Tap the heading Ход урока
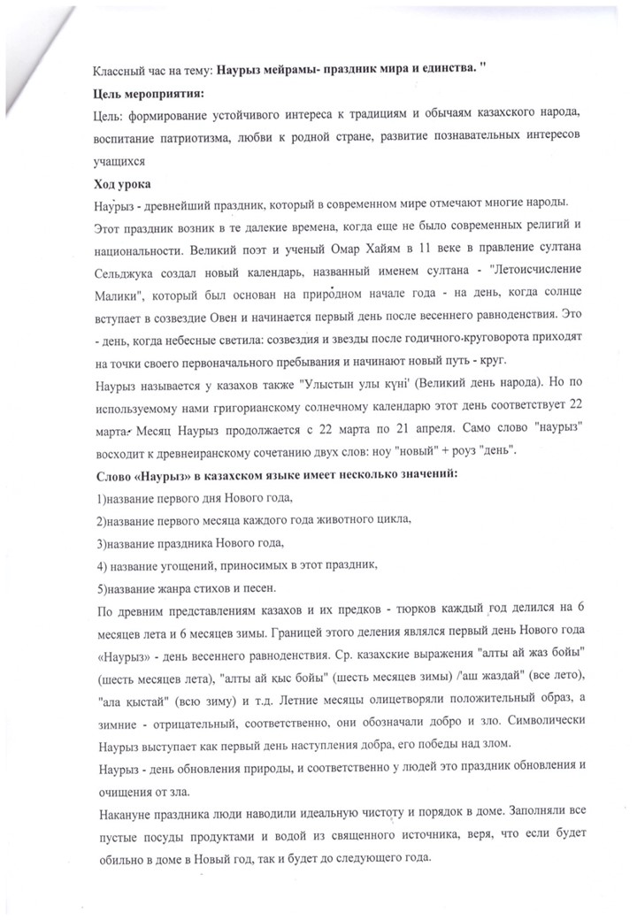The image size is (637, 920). click(x=122, y=184)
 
